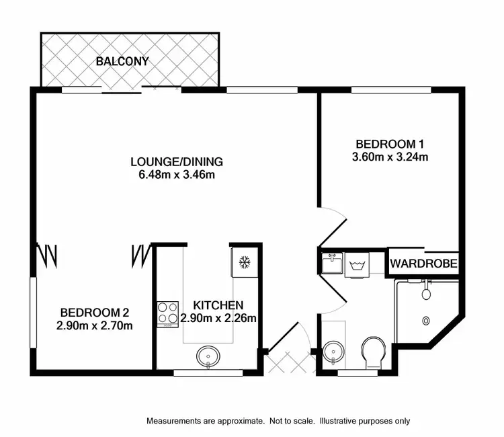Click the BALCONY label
(122, 62)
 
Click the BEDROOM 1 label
(390, 144)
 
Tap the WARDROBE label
(424, 263)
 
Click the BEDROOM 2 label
(94, 313)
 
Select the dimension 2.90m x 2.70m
(94, 326)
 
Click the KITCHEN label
(218, 305)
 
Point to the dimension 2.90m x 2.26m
(218, 318)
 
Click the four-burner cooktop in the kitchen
(167, 313)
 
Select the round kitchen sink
(208, 356)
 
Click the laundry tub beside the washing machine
(331, 263)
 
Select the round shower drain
(426, 321)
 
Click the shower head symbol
(426, 294)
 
